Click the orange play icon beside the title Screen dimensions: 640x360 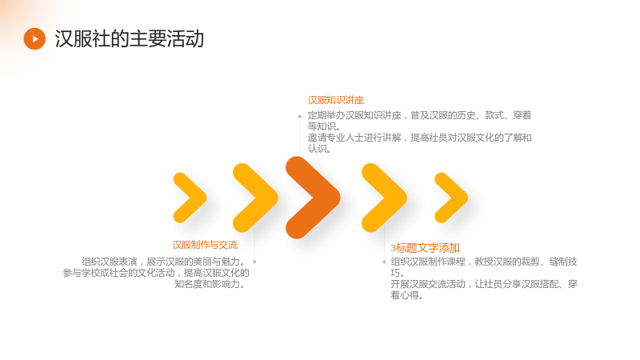click(34, 38)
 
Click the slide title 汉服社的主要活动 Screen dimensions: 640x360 click(130, 38)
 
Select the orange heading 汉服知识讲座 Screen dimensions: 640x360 click(335, 100)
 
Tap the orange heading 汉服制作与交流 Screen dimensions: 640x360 click(205, 245)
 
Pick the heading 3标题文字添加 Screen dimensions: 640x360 click(426, 248)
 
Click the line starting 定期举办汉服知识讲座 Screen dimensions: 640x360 click(419, 115)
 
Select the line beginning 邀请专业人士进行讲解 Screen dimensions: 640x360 click(419, 138)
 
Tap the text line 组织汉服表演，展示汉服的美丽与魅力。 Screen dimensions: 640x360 click(163, 262)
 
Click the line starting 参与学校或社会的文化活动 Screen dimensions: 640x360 click(156, 273)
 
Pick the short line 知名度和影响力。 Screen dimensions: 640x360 click(210, 284)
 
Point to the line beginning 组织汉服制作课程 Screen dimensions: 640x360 click(484, 262)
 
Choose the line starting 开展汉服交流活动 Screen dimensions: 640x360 click(484, 284)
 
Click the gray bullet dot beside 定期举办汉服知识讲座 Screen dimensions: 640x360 click(299, 117)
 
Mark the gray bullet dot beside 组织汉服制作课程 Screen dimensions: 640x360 click(384, 262)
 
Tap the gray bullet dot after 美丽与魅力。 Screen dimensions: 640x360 click(254, 262)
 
